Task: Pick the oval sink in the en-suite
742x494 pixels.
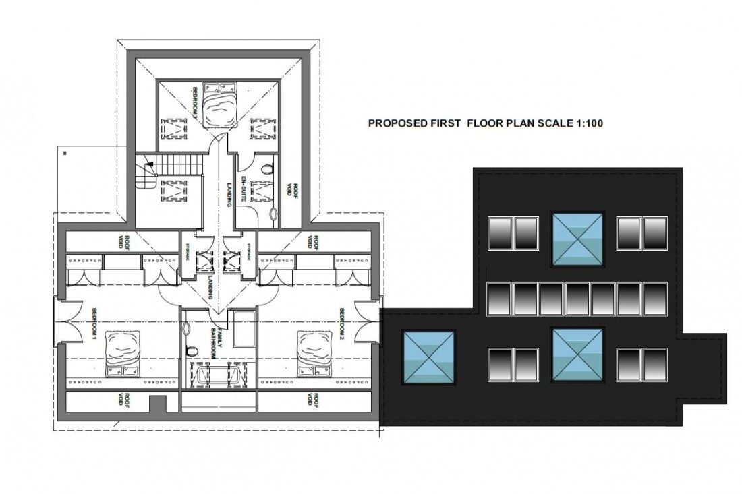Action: pos(273,214)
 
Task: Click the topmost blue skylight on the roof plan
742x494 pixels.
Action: pos(577,237)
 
